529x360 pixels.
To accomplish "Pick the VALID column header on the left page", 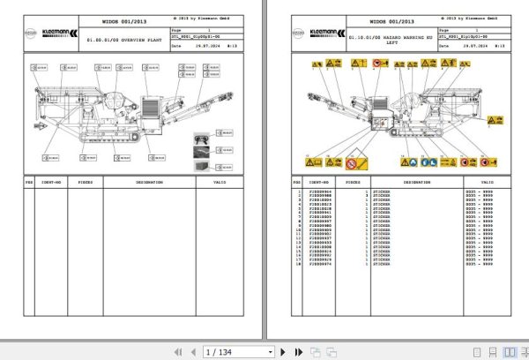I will [x=221, y=183].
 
